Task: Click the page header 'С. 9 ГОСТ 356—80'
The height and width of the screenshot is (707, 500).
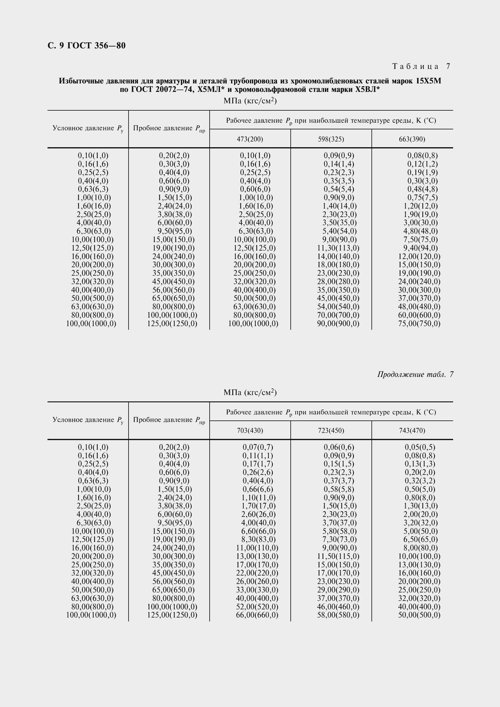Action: click(87, 46)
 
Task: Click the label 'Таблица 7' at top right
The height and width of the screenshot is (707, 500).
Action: click(421, 66)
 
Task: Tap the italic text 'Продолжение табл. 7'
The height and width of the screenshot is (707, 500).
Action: click(415, 374)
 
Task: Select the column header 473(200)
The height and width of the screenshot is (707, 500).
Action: click(250, 139)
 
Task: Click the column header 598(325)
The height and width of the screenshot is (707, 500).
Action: click(331, 139)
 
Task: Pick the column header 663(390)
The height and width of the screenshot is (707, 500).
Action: click(412, 139)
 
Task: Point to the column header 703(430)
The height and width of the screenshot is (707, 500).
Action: click(250, 430)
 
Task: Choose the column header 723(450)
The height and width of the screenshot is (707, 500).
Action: click(331, 430)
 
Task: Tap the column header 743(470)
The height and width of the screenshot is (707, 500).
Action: click(412, 430)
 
